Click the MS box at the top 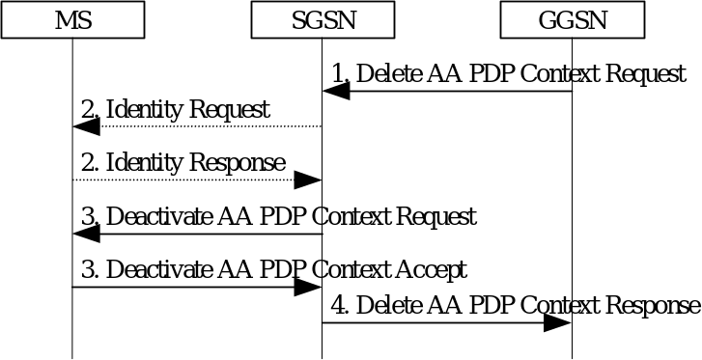pyautogui.click(x=72, y=19)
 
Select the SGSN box pyautogui.click(x=323, y=19)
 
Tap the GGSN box pyautogui.click(x=573, y=19)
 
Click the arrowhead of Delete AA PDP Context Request pyautogui.click(x=335, y=91)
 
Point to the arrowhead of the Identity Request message pyautogui.click(x=86, y=126)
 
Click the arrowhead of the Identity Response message pyautogui.click(x=308, y=180)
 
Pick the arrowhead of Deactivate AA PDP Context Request pyautogui.click(x=86, y=234)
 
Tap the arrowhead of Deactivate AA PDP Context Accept pyautogui.click(x=308, y=287)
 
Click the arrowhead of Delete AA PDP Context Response pyautogui.click(x=558, y=322)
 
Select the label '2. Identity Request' pyautogui.click(x=175, y=110)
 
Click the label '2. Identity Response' pyautogui.click(x=183, y=163)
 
